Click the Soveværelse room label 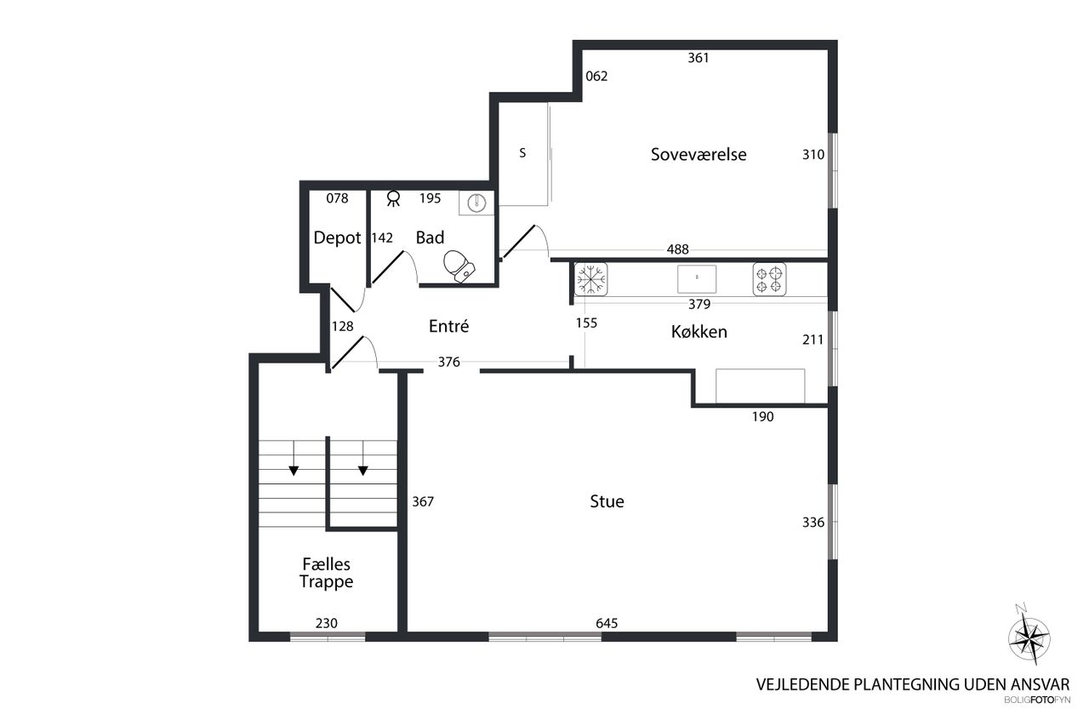pos(698,155)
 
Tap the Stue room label pos(607,501)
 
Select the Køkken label pos(699,332)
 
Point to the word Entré pos(448,326)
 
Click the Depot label pos(337,237)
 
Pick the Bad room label pos(430,237)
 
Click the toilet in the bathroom pos(459,266)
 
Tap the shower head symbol pos(393,198)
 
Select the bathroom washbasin pos(477,203)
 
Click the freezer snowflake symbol pos(590,279)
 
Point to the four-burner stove pos(769,279)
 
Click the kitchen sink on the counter pos(697,279)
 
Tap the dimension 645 pos(607,623)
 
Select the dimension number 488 pos(678,249)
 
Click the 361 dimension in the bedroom pos(698,58)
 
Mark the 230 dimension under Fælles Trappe pos(326,623)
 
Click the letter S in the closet pos(522,153)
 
